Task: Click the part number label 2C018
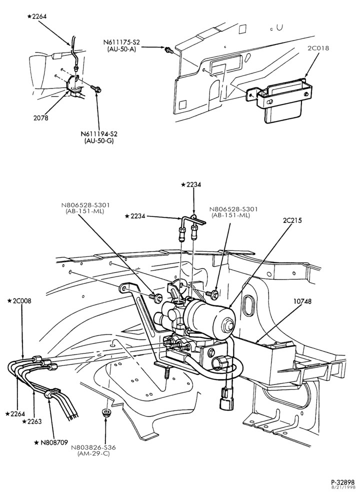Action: pos(318,48)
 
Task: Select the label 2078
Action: pos(41,118)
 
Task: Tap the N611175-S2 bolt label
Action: pos(121,42)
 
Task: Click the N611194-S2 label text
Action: pos(99,134)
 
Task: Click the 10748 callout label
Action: pos(302,301)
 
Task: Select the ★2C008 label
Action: pos(19,300)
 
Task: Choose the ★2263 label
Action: pos(32,421)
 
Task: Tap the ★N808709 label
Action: pos(51,442)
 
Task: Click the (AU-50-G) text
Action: pos(99,140)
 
